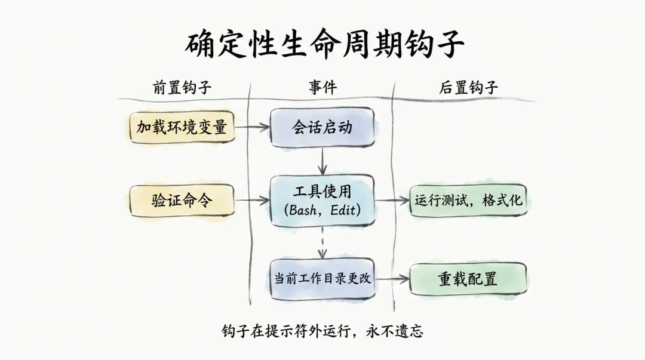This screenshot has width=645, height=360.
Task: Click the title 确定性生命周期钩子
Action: [x=323, y=44]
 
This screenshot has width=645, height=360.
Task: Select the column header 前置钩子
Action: [x=182, y=88]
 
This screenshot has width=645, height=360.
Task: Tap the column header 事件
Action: [x=322, y=88]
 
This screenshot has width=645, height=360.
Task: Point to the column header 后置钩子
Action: [x=468, y=88]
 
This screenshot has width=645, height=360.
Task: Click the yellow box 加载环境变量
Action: [x=182, y=127]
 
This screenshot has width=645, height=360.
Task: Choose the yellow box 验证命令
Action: [x=182, y=201]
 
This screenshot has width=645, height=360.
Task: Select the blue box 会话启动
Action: [x=322, y=127]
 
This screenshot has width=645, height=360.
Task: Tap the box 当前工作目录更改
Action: [x=322, y=278]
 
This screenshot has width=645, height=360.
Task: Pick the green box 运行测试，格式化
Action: [x=468, y=200]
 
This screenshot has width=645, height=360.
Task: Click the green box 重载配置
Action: [x=468, y=279]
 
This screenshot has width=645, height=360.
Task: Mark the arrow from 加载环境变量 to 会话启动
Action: [x=252, y=127]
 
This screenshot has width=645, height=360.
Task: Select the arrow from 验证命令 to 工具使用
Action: [x=252, y=201]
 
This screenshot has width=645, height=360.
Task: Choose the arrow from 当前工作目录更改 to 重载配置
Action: [x=392, y=279]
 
